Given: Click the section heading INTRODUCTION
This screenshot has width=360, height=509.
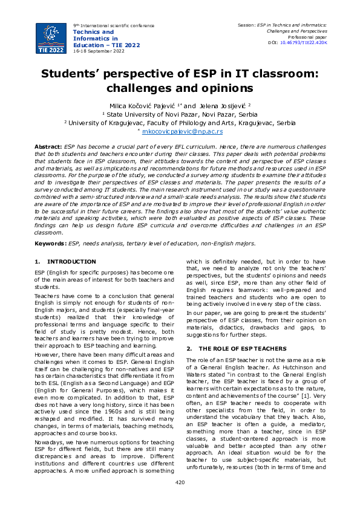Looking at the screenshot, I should [x=71, y=261].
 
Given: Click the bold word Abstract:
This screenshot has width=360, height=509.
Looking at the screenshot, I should [x=48, y=147].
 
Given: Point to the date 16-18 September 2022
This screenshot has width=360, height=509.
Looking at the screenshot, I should [x=99, y=51].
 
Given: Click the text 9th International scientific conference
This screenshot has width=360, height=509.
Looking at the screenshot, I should [x=113, y=25].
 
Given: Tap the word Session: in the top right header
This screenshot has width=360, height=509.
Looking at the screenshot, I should [x=249, y=25].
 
